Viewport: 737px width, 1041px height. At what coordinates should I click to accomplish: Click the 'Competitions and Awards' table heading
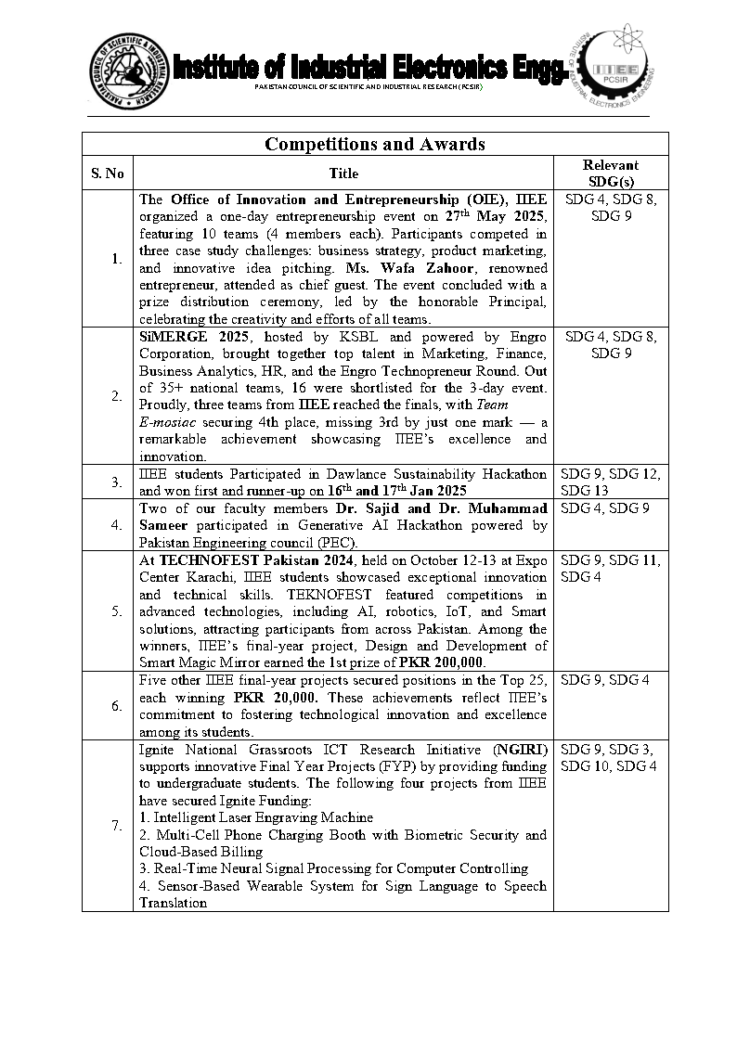point(375,144)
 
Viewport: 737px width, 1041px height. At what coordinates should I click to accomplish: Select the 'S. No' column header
point(108,173)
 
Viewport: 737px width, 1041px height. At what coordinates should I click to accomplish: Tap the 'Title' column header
point(343,173)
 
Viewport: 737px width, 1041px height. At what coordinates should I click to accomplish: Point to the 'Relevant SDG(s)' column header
point(611,173)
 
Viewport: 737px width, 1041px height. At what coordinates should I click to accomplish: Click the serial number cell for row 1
point(116,258)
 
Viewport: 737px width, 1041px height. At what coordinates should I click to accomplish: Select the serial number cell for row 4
point(116,524)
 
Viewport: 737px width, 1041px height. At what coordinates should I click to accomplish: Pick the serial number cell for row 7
point(116,825)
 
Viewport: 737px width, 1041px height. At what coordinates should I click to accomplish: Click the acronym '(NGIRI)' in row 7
point(521,749)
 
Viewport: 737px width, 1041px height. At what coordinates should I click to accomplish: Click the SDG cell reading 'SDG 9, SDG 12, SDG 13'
point(611,482)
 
